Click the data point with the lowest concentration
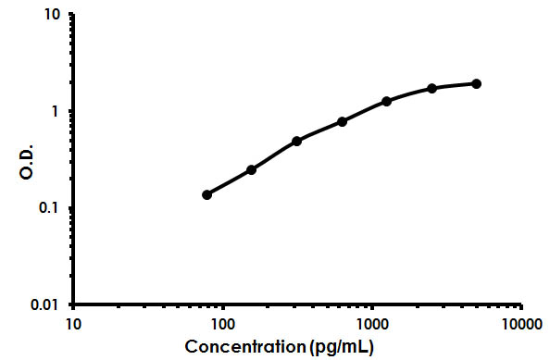(x=206, y=194)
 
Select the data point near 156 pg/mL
(x=251, y=170)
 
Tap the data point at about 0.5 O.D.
(x=296, y=141)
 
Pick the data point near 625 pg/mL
(x=342, y=121)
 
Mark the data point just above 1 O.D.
(x=386, y=101)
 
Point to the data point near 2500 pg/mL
(x=431, y=88)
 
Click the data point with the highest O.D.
(x=476, y=83)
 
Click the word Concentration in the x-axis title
(x=245, y=347)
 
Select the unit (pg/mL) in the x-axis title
(x=344, y=347)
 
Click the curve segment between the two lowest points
(x=229, y=182)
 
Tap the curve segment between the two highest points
(x=454, y=85)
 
